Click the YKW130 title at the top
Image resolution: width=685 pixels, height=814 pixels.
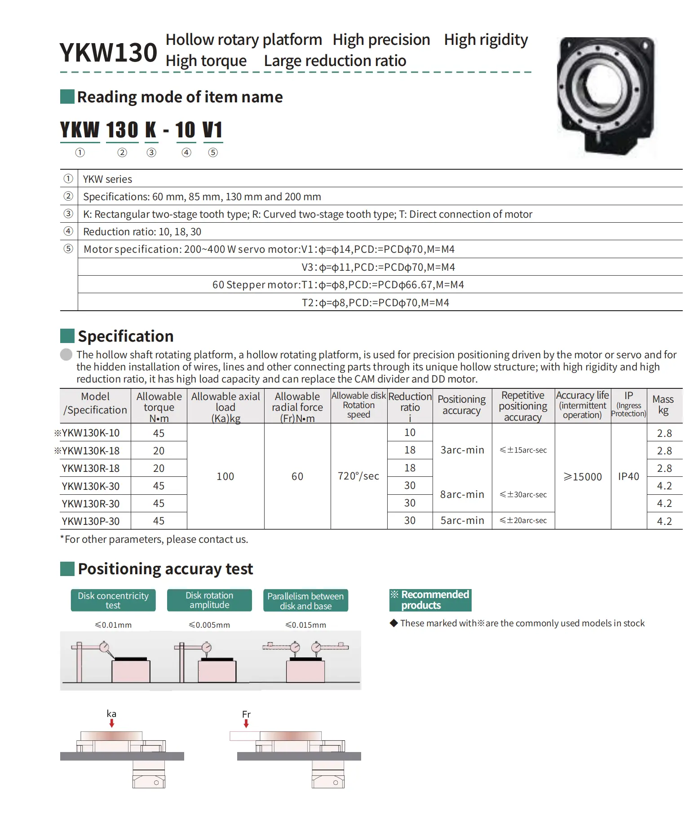click(x=108, y=53)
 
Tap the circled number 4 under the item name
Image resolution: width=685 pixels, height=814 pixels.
click(x=186, y=153)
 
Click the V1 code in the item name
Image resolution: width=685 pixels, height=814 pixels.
click(x=212, y=130)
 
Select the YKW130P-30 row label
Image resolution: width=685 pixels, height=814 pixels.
click(x=91, y=521)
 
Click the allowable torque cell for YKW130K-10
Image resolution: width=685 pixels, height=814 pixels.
click(x=159, y=433)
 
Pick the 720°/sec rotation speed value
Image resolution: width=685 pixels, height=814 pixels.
click(x=358, y=476)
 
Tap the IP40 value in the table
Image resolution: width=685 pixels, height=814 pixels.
click(x=628, y=476)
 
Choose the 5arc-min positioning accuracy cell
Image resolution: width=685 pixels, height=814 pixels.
click(x=462, y=521)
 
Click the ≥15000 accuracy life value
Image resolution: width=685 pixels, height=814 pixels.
click(x=583, y=477)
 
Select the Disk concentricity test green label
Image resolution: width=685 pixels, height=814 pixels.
click(x=113, y=600)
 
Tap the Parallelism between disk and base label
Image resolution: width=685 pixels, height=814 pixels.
click(x=305, y=601)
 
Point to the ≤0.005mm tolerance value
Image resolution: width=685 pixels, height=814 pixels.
click(x=209, y=625)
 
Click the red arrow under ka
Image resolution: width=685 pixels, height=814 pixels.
click(x=112, y=723)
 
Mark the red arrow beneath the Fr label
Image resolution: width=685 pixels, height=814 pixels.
click(x=246, y=724)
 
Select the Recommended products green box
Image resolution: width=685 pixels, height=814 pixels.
click(x=430, y=600)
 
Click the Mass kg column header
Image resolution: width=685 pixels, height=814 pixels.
click(x=663, y=405)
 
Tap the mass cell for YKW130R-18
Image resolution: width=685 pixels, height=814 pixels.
click(x=664, y=468)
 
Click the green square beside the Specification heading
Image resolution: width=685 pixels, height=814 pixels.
click(x=67, y=336)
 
